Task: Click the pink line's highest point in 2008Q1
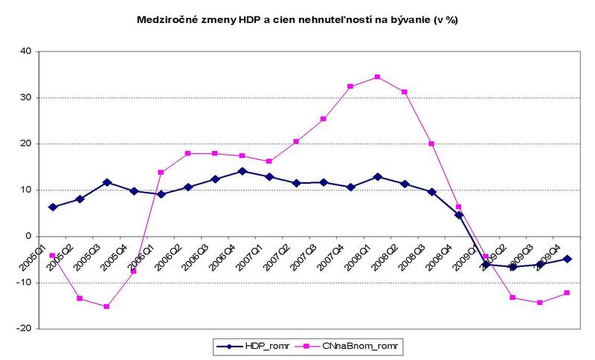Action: tap(377, 77)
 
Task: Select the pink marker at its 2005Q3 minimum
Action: tap(106, 306)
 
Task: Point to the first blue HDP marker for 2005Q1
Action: tap(53, 207)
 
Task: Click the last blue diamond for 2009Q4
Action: tap(567, 259)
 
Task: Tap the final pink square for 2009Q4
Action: tap(567, 292)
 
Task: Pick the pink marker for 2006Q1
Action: tap(161, 172)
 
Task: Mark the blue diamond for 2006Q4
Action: tap(242, 171)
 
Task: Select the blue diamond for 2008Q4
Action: tap(459, 215)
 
